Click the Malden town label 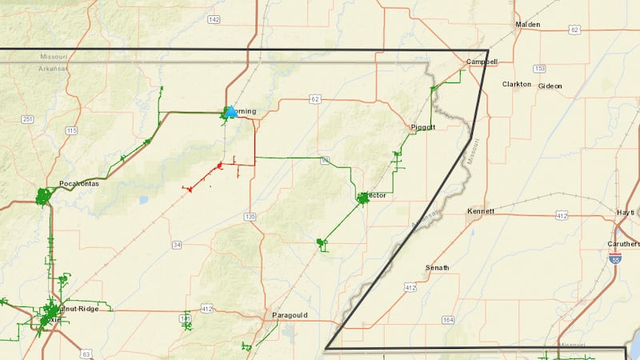point(528,25)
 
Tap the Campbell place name point(482,62)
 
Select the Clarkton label point(516,84)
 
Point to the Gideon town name point(550,86)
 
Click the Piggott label point(422,127)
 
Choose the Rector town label point(374,195)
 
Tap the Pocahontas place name point(79,183)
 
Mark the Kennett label point(481,211)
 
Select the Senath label point(437,267)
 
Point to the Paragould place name point(290,315)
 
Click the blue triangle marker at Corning point(231,112)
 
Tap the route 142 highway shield point(213,18)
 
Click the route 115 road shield point(72,130)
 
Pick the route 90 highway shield point(325,161)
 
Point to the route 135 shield point(250,216)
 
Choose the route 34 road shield point(177,244)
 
